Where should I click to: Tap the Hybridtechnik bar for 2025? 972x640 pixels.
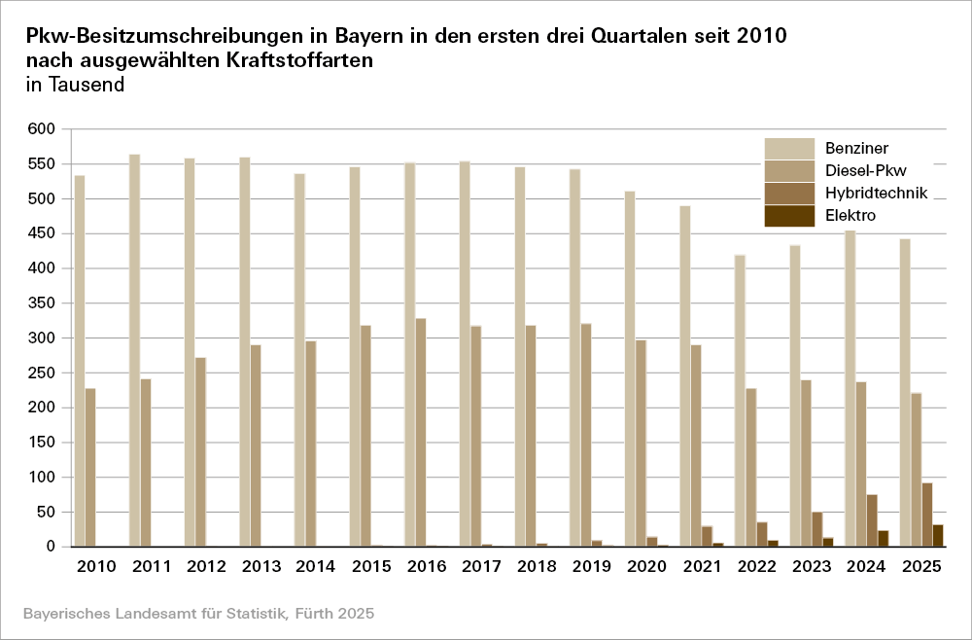(927, 515)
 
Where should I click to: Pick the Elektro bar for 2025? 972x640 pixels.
(938, 536)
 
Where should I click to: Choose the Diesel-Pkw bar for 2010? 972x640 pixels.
(90, 468)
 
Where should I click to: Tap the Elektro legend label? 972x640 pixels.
(850, 215)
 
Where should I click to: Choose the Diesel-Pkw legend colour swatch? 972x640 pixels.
(788, 171)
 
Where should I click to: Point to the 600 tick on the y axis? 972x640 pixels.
(47, 129)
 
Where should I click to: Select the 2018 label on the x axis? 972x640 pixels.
(537, 566)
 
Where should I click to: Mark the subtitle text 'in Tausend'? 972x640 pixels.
(75, 85)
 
